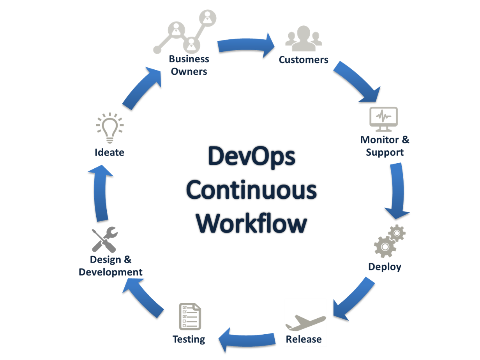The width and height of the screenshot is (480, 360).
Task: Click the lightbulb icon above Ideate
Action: point(110,127)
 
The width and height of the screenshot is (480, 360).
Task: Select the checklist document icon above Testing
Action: point(190,316)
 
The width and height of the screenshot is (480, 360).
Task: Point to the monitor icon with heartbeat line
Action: point(383,119)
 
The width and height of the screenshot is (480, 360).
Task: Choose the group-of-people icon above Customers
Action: point(304,39)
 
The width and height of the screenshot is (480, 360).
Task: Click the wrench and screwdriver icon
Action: point(105,239)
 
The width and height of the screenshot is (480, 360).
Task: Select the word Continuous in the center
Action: point(251,190)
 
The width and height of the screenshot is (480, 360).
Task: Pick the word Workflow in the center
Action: point(251,224)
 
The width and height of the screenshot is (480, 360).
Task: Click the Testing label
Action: point(189,339)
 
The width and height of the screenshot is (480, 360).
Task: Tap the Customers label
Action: point(304,60)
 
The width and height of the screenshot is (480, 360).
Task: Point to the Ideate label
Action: point(109,152)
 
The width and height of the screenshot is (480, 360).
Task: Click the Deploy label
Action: point(385,267)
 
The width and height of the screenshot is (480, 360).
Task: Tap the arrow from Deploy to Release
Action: point(353,298)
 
